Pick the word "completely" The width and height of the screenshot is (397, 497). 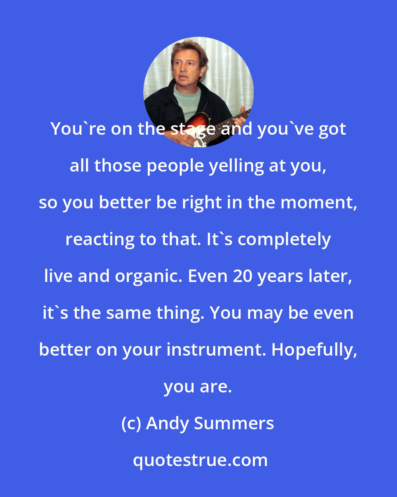(x=285, y=239)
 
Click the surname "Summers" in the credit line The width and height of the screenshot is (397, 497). (x=234, y=423)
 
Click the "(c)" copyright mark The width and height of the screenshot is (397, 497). (x=131, y=423)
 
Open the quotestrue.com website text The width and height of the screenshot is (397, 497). (x=200, y=460)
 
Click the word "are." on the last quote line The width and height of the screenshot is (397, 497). (x=215, y=387)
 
